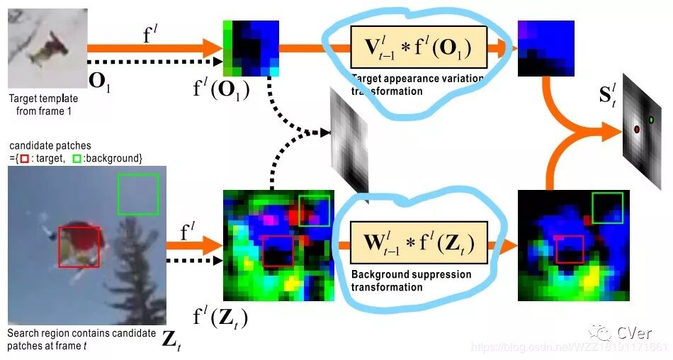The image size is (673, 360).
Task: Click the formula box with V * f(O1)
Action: tap(419, 49)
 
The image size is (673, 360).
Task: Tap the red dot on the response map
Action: tap(636, 130)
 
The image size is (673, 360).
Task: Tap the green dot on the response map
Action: tap(651, 120)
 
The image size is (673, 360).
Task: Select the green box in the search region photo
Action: tap(138, 193)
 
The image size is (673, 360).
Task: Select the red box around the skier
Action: tap(79, 247)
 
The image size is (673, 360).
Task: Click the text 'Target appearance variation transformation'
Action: tap(417, 84)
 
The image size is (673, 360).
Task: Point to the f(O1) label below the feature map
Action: tap(221, 90)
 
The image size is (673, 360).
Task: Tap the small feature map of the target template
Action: tap(251, 47)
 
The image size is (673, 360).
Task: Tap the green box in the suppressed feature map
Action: tap(607, 208)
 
